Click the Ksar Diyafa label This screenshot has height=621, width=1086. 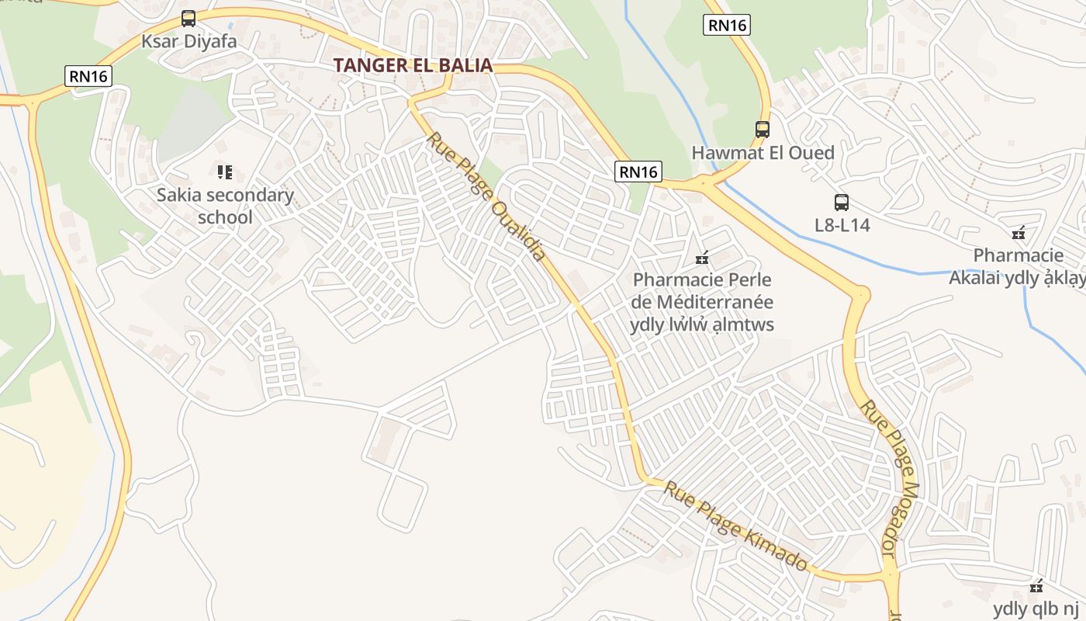[188, 40]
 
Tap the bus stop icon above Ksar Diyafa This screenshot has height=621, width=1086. [188, 18]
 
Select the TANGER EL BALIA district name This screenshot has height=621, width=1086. [413, 65]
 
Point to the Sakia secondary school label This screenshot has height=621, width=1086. [225, 206]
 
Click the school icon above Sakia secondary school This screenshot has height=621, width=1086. [225, 172]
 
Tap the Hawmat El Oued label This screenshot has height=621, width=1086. [763, 152]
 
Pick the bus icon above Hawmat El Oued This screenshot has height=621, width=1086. [763, 130]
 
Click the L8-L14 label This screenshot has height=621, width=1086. [842, 225]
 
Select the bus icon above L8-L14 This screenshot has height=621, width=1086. [842, 203]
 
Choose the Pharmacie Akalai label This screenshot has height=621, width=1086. [1018, 266]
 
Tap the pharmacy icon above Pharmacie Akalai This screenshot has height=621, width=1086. [1019, 232]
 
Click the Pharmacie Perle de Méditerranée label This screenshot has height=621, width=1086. [703, 302]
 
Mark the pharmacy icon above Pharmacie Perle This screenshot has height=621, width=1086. [703, 256]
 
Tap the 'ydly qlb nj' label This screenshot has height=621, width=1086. [1035, 609]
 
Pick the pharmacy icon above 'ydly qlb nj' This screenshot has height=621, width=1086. [1036, 586]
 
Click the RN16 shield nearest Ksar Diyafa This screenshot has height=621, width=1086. [88, 75]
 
